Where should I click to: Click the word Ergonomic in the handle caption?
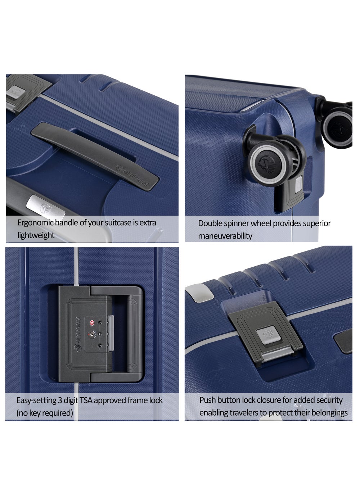(x=35, y=223)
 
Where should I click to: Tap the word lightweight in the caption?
(x=36, y=235)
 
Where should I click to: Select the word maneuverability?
(x=225, y=236)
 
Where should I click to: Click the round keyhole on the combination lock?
(x=91, y=334)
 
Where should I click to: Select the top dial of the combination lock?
(x=99, y=323)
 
